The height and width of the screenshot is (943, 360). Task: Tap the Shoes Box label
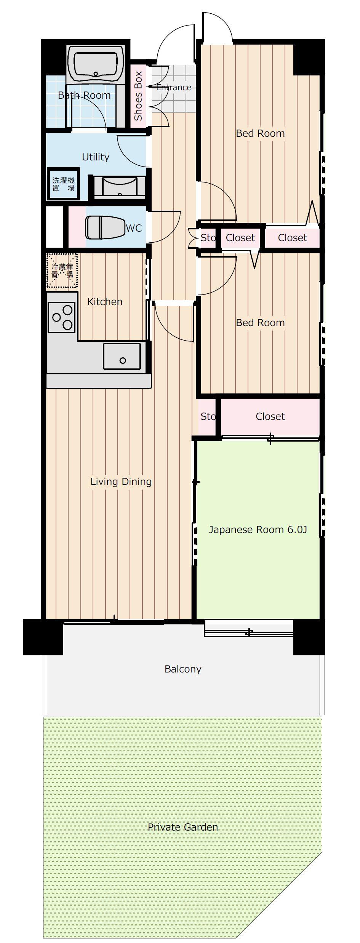[138, 96]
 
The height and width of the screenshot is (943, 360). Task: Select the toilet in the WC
[105, 228]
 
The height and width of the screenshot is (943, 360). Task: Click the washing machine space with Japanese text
[64, 184]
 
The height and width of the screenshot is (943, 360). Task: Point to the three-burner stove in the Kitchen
[62, 317]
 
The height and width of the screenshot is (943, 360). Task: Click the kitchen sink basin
[122, 356]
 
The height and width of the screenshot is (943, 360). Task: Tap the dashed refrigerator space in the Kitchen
[62, 271]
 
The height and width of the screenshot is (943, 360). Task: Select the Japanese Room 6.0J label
[258, 530]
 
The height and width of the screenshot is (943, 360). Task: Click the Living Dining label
[121, 482]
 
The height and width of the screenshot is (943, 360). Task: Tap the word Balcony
[183, 669]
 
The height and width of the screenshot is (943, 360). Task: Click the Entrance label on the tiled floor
[174, 87]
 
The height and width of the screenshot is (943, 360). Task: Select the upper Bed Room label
[260, 133]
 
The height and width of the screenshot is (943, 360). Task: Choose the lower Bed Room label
[260, 323]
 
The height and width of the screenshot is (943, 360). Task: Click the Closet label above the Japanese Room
[270, 416]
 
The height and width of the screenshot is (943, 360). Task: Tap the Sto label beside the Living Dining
[208, 416]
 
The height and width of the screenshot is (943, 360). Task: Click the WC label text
[134, 228]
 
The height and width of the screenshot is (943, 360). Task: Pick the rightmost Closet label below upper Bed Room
[292, 238]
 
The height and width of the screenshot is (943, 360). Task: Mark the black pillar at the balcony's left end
[43, 637]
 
